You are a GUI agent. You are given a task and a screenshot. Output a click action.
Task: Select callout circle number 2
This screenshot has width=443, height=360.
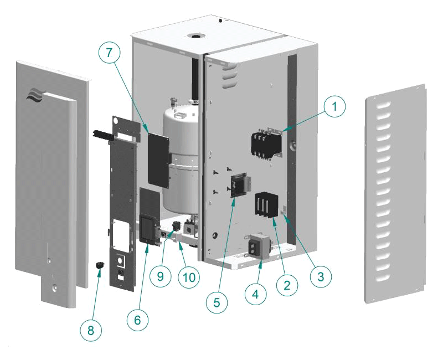[287, 285]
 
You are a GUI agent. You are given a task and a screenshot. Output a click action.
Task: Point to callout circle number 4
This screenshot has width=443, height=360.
[255, 294]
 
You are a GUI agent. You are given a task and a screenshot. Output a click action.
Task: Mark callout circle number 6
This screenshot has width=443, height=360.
[138, 320]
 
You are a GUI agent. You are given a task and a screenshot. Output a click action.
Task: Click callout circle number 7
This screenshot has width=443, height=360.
[109, 53]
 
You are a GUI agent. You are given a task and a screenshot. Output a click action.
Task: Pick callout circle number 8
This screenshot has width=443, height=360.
[91, 331]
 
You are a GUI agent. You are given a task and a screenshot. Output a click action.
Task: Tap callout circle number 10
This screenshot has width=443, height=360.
[189, 277]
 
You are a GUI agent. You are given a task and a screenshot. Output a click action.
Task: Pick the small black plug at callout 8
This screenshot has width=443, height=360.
[100, 266]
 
